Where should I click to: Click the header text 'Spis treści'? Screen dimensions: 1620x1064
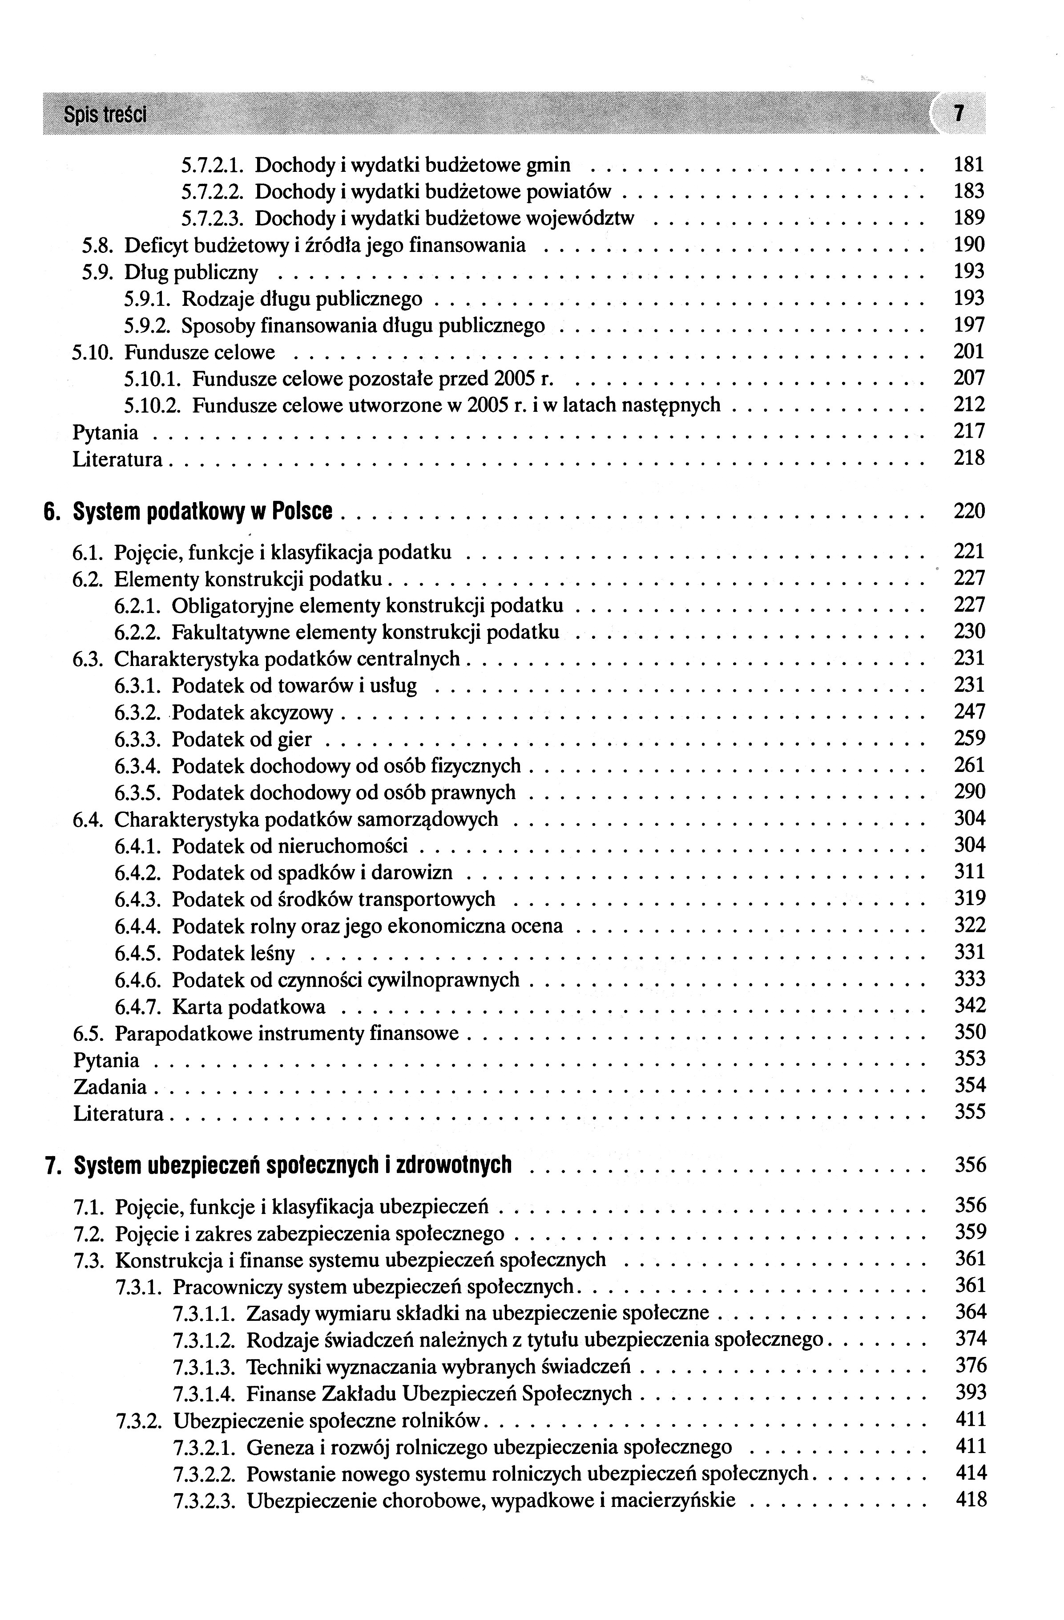105,114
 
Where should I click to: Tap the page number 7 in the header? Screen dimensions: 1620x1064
959,113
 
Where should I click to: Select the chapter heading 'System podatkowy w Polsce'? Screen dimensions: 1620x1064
203,511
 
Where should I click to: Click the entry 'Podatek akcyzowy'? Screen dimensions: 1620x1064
252,713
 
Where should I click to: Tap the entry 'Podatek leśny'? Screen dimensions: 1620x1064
234,953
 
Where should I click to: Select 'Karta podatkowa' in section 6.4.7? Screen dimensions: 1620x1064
248,1006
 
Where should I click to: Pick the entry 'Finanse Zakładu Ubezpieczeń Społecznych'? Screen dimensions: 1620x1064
439,1393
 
